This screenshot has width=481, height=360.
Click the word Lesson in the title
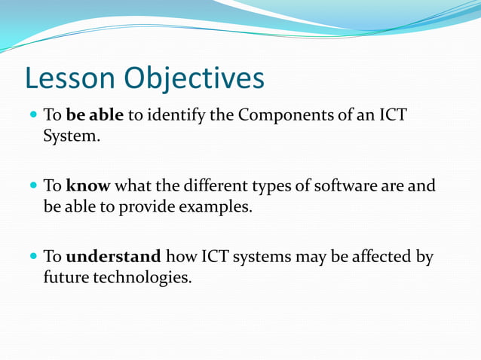pos(70,78)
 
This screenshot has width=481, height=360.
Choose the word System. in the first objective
pos(72,137)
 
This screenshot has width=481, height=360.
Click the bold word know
pos(87,185)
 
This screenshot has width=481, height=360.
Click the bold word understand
pos(114,256)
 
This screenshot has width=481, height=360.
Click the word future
pos(66,277)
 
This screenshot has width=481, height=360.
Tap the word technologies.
pos(142,277)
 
